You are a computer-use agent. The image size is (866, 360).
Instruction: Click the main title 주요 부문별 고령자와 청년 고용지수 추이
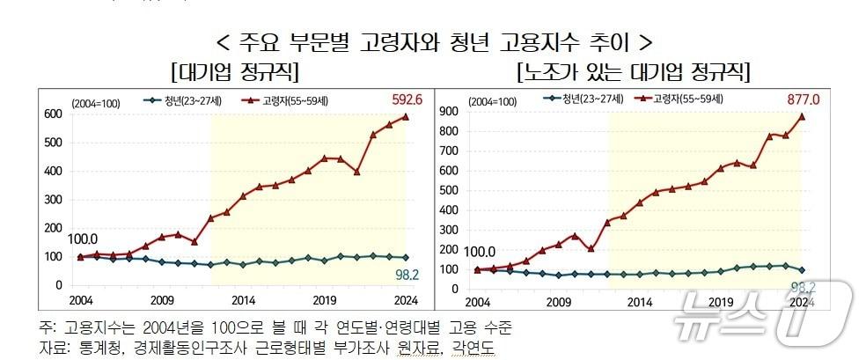point(433,42)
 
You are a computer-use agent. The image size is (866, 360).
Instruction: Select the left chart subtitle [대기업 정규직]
point(235,71)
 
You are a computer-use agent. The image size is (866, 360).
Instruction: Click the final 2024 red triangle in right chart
point(803,115)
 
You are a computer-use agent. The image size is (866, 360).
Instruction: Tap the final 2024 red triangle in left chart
point(406,116)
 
